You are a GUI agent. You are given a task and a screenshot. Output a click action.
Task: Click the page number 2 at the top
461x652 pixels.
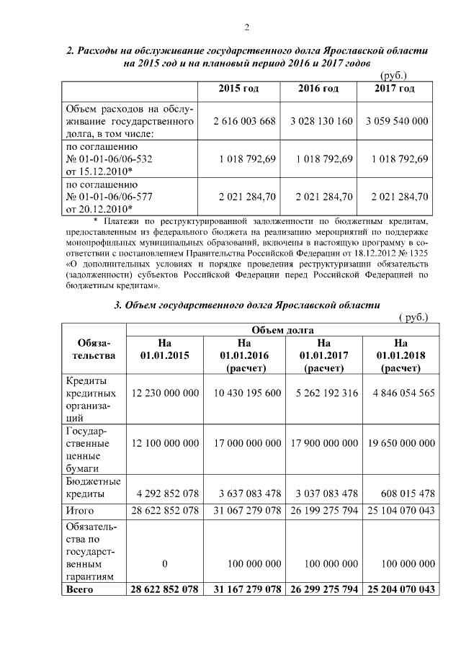(x=246, y=28)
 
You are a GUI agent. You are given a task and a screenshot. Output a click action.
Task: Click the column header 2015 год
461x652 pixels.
(x=238, y=89)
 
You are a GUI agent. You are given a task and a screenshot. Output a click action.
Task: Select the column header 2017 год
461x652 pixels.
(x=394, y=89)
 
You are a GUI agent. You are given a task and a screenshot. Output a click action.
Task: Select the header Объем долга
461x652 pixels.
(x=282, y=330)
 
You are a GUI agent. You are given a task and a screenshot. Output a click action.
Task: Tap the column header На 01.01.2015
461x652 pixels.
(x=165, y=349)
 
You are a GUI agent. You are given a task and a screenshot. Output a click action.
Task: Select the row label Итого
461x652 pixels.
(x=80, y=510)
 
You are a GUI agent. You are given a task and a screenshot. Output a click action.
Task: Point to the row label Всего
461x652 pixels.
(x=79, y=589)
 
